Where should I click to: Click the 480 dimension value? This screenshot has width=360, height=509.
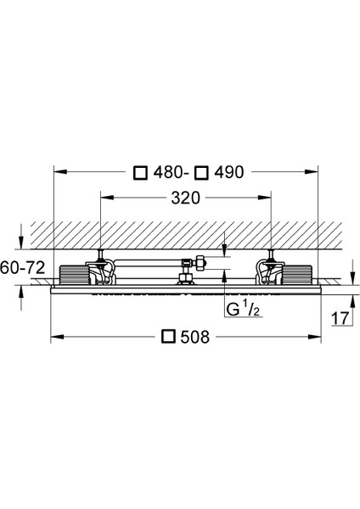click(x=167, y=172)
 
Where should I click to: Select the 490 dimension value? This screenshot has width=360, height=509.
click(x=229, y=172)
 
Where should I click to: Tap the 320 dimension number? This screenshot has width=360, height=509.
click(x=186, y=198)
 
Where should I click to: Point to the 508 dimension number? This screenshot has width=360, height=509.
click(x=195, y=337)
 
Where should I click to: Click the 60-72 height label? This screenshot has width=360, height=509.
click(x=22, y=268)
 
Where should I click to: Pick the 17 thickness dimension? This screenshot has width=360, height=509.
click(x=340, y=318)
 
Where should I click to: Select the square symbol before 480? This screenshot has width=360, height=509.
click(x=141, y=173)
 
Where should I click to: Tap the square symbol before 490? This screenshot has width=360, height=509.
click(x=201, y=173)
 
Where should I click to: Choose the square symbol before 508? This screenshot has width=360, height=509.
click(x=169, y=337)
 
